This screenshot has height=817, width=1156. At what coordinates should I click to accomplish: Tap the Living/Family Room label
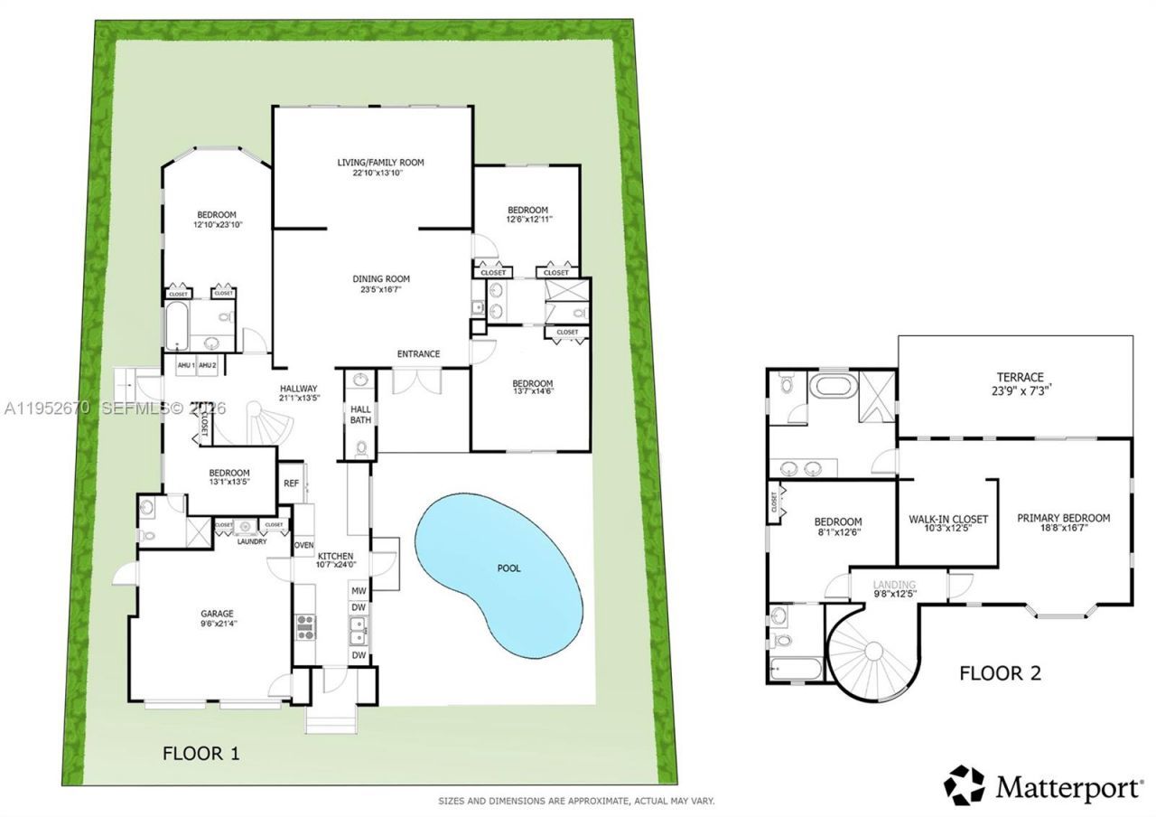(380, 163)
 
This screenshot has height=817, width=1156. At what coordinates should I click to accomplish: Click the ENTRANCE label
(418, 353)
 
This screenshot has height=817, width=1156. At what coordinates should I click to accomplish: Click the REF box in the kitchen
(291, 484)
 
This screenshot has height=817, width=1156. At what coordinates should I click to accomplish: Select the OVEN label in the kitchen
(303, 545)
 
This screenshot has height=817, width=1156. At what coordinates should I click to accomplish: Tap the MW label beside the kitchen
(359, 591)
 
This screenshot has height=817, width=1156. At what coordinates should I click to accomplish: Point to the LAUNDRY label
(250, 541)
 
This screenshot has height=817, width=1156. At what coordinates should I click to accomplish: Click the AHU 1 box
(186, 365)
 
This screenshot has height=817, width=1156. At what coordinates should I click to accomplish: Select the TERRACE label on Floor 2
(1020, 377)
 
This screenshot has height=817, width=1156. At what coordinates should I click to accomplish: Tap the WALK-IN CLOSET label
(947, 520)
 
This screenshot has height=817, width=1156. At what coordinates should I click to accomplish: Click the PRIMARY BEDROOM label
(1063, 518)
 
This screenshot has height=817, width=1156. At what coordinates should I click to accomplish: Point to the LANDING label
(894, 586)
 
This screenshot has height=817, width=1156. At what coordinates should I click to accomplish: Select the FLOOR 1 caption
(200, 753)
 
